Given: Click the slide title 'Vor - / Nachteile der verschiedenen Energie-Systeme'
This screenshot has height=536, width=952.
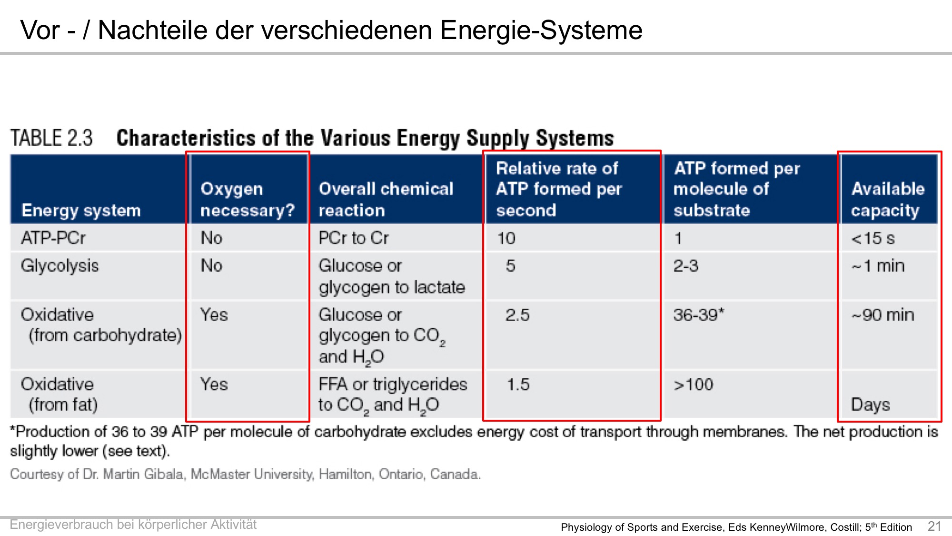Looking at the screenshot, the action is coord(331,30).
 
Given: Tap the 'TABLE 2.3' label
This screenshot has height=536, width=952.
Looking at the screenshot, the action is coord(51,138).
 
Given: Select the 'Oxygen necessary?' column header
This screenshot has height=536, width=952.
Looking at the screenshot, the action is coord(248,200).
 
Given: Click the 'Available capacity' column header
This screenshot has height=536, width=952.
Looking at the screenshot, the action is coord(888,200).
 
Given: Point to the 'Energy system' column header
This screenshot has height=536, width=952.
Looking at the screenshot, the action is coord(81,210).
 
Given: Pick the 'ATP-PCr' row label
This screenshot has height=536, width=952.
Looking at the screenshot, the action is coord(53,238).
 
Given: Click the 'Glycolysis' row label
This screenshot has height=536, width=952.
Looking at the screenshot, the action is coord(59,266).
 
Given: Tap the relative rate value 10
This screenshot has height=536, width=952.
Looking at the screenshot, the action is coord(506,238).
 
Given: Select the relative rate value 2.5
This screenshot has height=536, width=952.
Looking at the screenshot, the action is coord(517,315).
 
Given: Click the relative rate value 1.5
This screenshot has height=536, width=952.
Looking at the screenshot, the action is coord(518,384).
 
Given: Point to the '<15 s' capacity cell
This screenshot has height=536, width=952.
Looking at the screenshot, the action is coord(873,238).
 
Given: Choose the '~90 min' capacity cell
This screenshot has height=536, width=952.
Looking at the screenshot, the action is coord(883,315).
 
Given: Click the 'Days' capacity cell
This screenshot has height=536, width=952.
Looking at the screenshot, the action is coord(870,405).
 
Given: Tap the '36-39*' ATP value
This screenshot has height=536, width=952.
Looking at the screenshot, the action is coord(698,315).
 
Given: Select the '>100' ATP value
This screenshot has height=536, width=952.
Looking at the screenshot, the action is coord(693,384).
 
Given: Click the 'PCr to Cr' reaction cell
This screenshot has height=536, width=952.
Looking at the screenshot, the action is coord(354,238).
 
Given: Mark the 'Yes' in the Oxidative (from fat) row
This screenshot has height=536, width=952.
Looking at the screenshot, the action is coord(214,384).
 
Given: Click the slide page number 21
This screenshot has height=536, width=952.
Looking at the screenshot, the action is coord(934,526).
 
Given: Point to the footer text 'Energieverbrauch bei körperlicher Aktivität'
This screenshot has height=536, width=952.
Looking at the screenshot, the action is coord(133,525).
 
